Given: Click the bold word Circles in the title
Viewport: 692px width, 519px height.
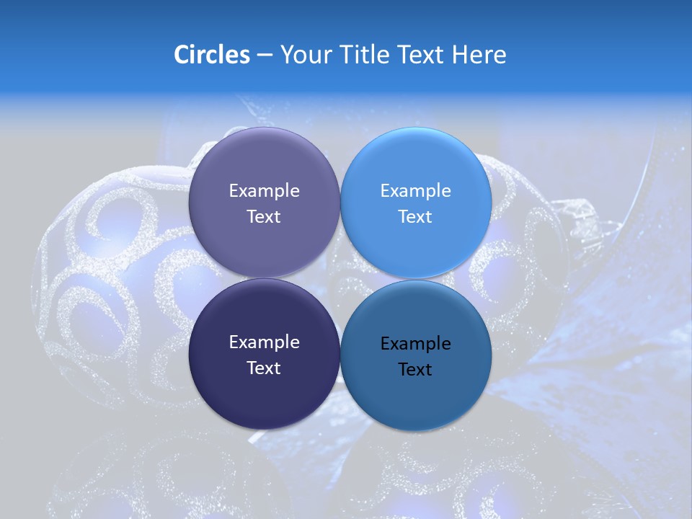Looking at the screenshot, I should pyautogui.click(x=211, y=55).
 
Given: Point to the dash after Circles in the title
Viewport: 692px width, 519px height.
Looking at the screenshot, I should pyautogui.click(x=265, y=56).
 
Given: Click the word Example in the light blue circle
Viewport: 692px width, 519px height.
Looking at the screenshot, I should pyautogui.click(x=416, y=191).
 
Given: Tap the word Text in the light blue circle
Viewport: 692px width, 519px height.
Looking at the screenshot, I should pyautogui.click(x=416, y=217).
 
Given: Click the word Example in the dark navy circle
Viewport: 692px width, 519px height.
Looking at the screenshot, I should pyautogui.click(x=264, y=342).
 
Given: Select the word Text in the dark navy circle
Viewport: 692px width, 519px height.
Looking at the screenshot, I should pyautogui.click(x=264, y=368).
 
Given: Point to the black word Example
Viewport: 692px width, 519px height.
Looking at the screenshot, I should pyautogui.click(x=416, y=344).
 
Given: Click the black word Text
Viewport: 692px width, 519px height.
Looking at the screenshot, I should pyautogui.click(x=416, y=370).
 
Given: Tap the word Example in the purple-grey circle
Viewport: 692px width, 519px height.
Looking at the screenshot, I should pyautogui.click(x=264, y=191).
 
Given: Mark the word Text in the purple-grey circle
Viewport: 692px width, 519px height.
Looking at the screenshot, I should pyautogui.click(x=264, y=217).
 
